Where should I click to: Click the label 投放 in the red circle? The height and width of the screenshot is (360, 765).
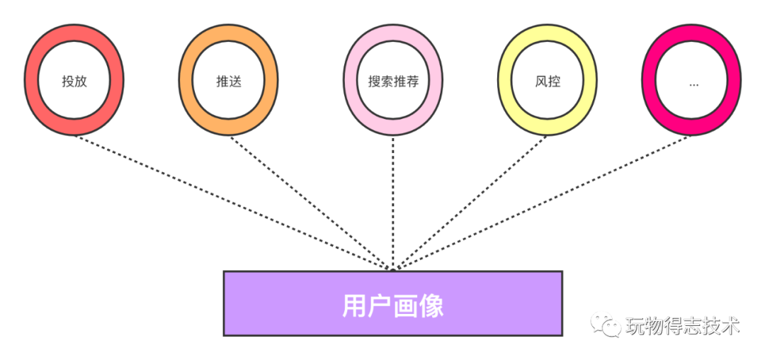point(74,81)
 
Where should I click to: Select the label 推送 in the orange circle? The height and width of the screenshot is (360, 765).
point(229,81)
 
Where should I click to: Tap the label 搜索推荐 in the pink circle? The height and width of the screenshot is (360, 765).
point(393,81)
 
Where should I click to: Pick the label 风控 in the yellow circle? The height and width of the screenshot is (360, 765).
point(548,81)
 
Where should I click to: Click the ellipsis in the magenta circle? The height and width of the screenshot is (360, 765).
point(693,83)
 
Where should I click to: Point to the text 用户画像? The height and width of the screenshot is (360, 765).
point(393,305)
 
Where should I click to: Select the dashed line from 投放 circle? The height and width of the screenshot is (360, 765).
point(227,200)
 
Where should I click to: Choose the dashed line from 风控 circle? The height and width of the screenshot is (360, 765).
point(471,200)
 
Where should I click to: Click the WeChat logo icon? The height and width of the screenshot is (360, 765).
point(606,325)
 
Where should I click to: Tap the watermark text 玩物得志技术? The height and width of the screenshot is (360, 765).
point(682,326)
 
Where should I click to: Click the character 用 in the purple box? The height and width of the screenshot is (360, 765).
point(355,305)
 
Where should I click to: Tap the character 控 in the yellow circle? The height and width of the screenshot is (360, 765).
point(554,81)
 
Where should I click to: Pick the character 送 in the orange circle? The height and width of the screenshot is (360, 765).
point(235,81)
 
